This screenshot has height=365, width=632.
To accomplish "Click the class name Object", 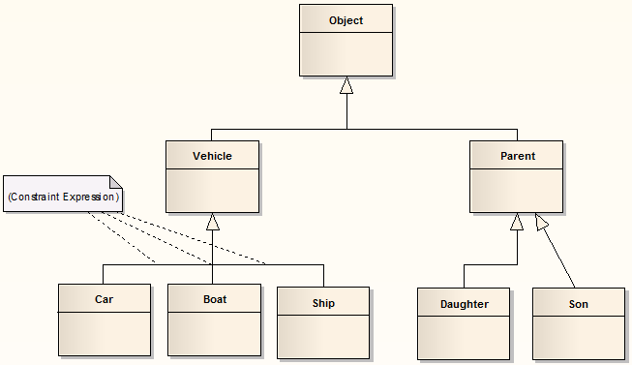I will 346,20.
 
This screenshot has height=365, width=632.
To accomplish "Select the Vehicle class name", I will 212,156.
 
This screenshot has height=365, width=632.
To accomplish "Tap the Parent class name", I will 516,156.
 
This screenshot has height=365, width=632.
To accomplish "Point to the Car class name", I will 104,299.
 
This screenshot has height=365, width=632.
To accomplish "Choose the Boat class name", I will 214,299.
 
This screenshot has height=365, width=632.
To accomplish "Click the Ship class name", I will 323,303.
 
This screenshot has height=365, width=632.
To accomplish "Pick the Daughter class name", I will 464,304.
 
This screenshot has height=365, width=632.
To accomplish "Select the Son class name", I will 578,304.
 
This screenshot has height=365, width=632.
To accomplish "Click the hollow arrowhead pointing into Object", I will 346,85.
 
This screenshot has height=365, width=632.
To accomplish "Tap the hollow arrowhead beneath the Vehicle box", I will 213,222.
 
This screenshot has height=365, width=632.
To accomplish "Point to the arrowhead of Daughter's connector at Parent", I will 517,222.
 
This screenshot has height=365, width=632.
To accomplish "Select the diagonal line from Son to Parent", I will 559,257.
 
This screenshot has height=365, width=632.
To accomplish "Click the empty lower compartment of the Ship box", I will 323,335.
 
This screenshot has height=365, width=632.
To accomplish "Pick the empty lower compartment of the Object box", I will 346,53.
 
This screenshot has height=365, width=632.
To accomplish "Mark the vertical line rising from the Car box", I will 104,273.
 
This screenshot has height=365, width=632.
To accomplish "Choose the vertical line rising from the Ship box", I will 323,275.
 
